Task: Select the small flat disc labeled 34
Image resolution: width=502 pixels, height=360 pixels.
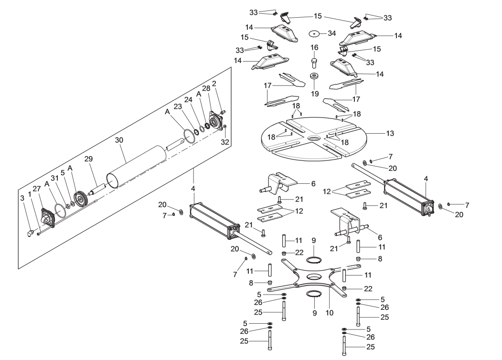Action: (x=314, y=34)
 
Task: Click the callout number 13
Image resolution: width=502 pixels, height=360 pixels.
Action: (x=390, y=133)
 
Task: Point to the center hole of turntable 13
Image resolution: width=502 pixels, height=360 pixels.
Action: (x=315, y=138)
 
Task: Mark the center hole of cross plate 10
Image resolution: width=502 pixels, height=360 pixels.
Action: (x=314, y=277)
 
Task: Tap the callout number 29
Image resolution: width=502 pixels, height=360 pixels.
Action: (x=88, y=158)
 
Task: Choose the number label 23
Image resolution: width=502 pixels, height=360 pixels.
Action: (x=178, y=107)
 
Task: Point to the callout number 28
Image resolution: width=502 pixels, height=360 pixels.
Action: (x=206, y=89)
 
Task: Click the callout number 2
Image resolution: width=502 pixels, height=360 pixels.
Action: (x=214, y=84)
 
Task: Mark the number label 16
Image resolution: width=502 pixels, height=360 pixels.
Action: (x=314, y=48)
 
